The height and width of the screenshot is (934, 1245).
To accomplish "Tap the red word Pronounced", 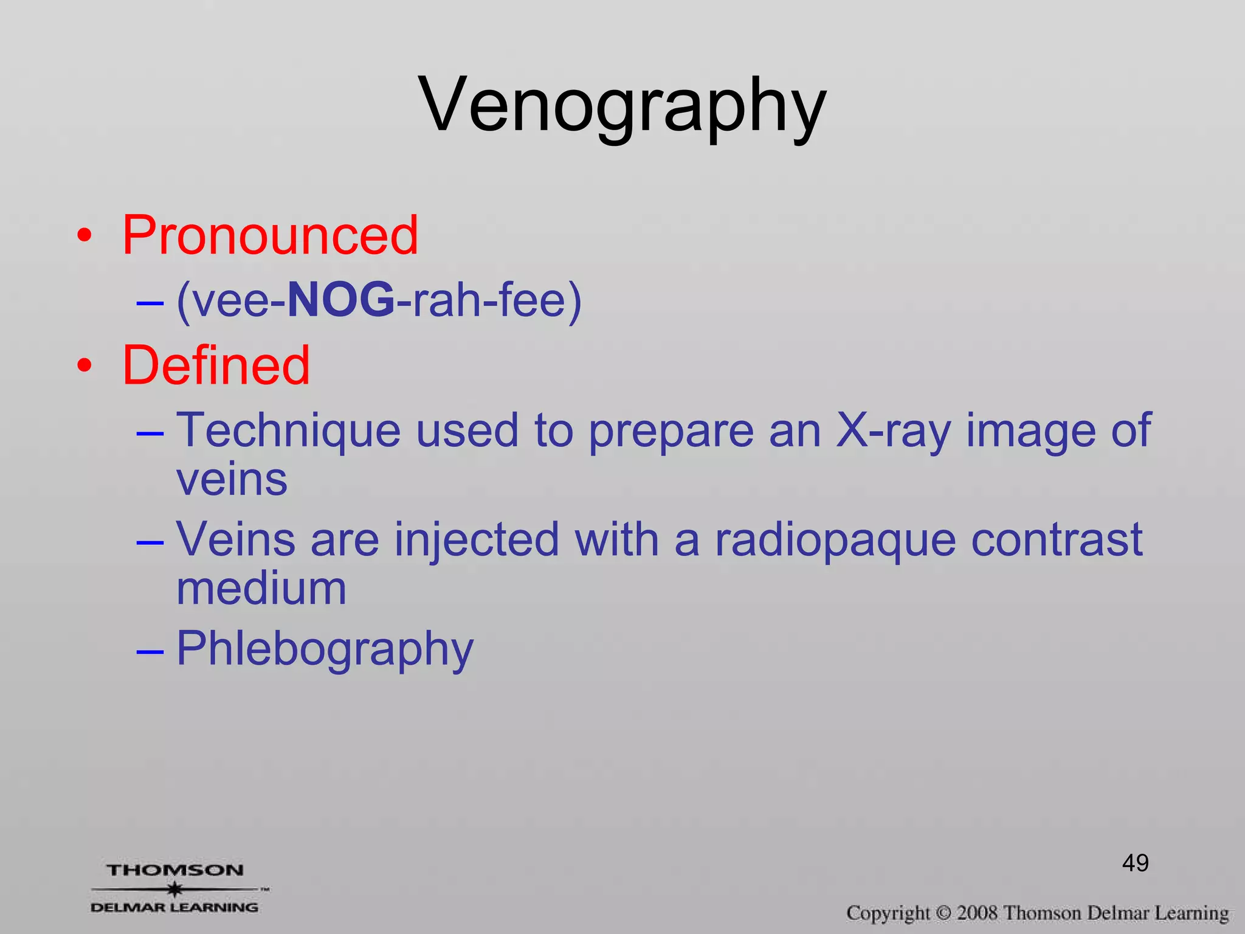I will (x=271, y=235).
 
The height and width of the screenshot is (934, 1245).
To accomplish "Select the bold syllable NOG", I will (x=340, y=300).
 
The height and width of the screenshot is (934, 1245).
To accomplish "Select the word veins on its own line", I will (x=232, y=480).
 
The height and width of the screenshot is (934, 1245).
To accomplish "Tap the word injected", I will (x=477, y=539).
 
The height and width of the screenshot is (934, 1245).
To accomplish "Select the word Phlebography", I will (x=325, y=649).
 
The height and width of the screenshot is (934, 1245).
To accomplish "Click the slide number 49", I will (x=1135, y=863).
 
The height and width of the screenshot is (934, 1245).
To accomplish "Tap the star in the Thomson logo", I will (x=175, y=889).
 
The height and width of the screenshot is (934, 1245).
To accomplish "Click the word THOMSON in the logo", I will (x=175, y=870).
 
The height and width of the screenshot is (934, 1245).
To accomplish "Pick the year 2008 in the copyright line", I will (x=977, y=913).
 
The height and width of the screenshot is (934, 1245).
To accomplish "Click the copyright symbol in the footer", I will (x=943, y=913).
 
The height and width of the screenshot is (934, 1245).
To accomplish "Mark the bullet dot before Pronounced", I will (x=84, y=235).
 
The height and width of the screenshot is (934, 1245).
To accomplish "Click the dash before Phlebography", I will (x=150, y=651).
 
